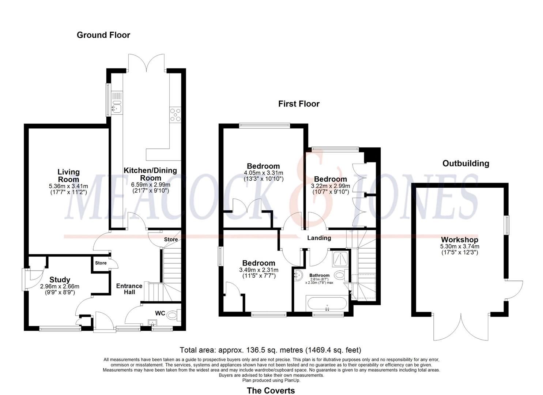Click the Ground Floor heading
click(103, 35)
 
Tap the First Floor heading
click(299, 104)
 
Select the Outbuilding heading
click(465, 163)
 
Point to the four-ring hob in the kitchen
click(175, 114)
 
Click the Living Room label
click(68, 176)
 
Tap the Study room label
click(60, 280)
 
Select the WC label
click(160, 313)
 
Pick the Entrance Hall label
click(129, 289)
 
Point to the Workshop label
click(460, 240)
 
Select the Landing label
click(319, 238)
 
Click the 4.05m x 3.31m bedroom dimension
click(263, 173)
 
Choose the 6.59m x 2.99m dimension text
click(150, 185)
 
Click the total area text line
click(270, 350)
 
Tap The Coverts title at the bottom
click(271, 391)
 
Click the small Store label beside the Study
click(101, 263)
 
